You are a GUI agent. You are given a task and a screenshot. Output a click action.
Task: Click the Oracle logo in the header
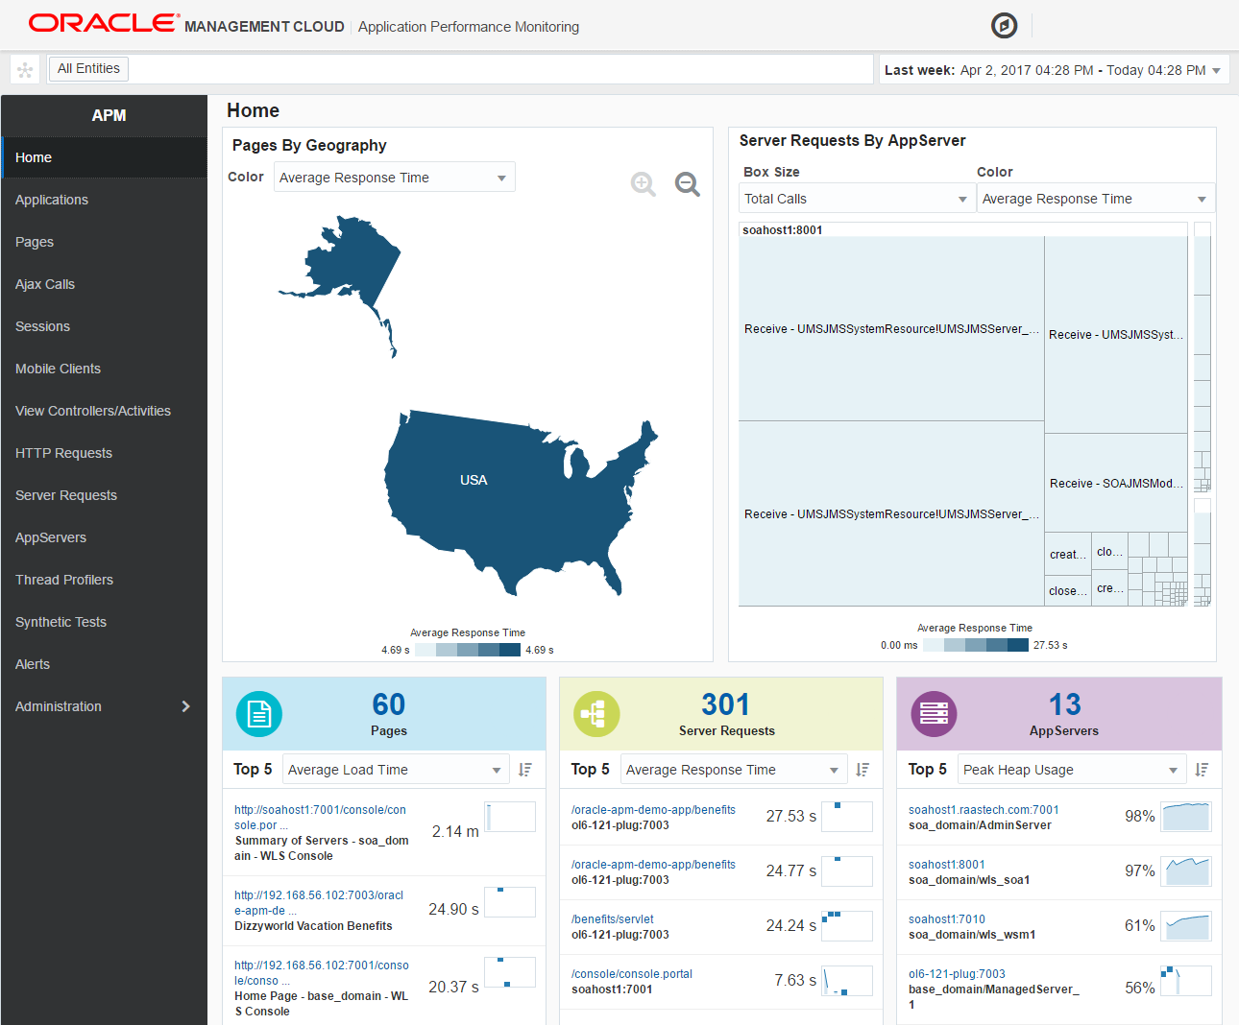[104, 23]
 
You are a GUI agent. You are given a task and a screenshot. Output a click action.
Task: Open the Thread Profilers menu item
[64, 580]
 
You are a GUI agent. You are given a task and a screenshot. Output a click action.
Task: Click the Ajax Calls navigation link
[45, 284]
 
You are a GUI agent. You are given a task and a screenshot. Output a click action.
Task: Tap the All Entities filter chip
[88, 68]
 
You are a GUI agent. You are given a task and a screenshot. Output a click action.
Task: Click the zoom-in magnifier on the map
[643, 183]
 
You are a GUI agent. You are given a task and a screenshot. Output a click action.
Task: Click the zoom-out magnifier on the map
[687, 183]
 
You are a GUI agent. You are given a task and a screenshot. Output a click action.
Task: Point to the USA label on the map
[474, 480]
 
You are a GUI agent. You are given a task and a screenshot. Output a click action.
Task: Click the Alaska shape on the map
[351, 259]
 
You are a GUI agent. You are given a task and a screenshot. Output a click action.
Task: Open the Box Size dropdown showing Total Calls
[855, 199]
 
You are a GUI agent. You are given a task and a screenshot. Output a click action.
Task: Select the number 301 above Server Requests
[725, 704]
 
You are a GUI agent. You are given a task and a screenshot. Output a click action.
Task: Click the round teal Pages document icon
[259, 714]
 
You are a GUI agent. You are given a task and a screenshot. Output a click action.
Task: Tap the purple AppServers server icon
[934, 714]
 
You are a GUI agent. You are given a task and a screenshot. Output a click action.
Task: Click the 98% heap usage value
[1139, 816]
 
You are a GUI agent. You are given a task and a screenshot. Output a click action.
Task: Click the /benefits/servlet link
[612, 918]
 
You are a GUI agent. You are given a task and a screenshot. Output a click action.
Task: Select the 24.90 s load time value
[453, 909]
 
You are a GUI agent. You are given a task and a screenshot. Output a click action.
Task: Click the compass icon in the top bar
[1004, 26]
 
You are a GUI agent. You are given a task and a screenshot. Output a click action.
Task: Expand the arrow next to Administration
[185, 706]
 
